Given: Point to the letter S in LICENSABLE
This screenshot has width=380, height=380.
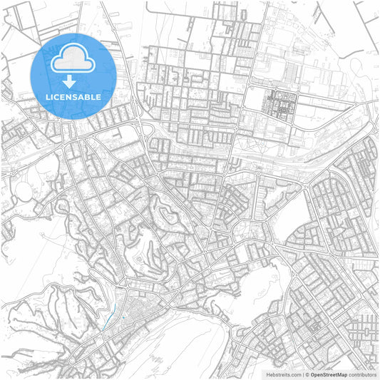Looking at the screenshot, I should click(x=76, y=95).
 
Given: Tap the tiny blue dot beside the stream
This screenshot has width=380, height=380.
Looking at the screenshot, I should click(x=123, y=317).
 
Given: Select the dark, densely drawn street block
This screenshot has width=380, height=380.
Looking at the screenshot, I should click(x=278, y=103).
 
